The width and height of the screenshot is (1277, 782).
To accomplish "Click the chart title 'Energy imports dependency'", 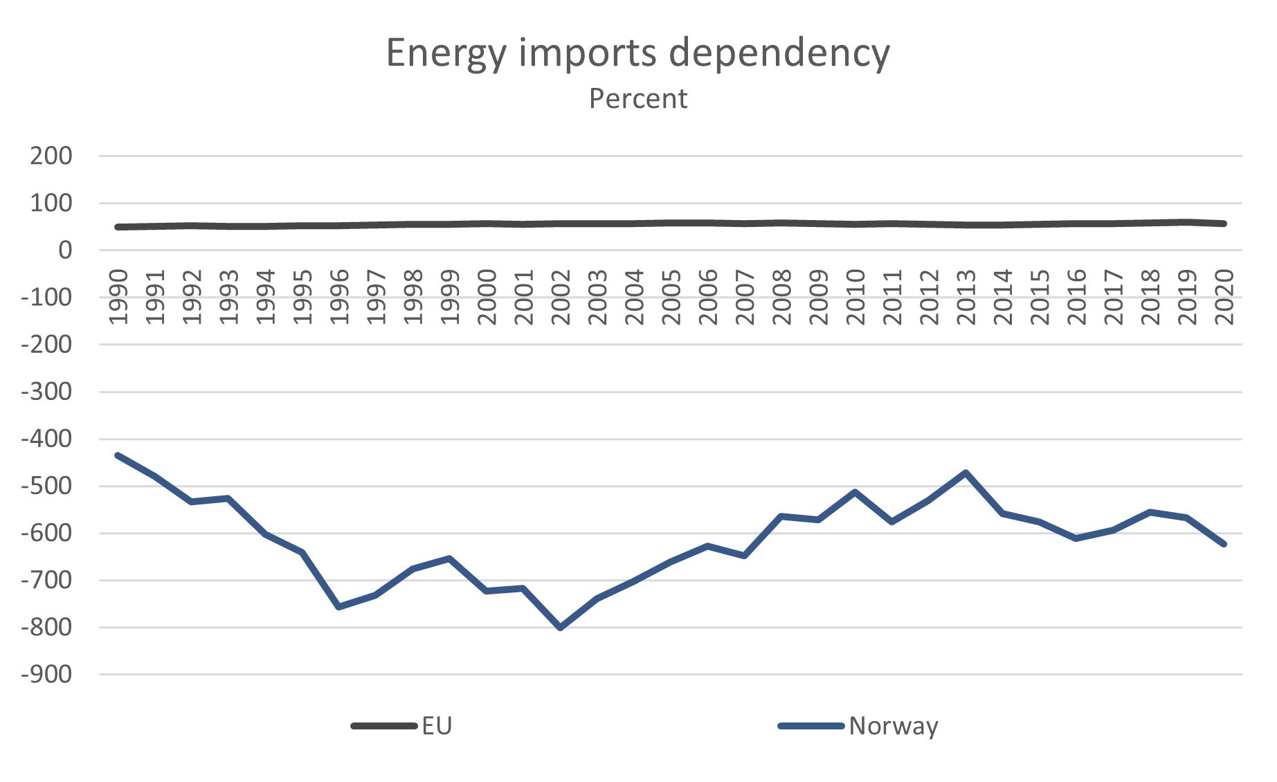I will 637,53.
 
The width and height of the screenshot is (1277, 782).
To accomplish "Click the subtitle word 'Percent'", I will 637,99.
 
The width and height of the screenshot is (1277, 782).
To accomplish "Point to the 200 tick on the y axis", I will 51,156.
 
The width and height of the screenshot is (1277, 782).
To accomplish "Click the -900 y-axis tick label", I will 46,674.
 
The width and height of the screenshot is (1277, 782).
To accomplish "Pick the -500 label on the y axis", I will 46,486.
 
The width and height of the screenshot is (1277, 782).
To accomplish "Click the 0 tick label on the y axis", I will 65,250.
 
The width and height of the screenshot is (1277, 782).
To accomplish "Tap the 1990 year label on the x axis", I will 118,297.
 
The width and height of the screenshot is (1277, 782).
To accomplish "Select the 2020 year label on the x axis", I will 1224,297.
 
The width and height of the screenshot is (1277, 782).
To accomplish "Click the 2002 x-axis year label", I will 561,297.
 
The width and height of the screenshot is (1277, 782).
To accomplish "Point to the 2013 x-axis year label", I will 966,297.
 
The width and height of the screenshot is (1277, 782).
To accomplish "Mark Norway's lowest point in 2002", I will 561,628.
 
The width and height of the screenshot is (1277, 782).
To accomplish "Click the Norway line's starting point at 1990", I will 118,455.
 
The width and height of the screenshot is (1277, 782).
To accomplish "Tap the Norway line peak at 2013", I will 966,473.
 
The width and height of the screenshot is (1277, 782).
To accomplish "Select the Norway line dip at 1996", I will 339,607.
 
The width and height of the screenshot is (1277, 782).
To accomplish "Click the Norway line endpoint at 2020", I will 1224,544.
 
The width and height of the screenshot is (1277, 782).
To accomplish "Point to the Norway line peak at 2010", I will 855,492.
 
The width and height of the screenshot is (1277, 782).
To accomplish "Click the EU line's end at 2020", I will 1224,224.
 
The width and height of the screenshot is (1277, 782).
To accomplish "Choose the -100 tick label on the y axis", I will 46,297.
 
